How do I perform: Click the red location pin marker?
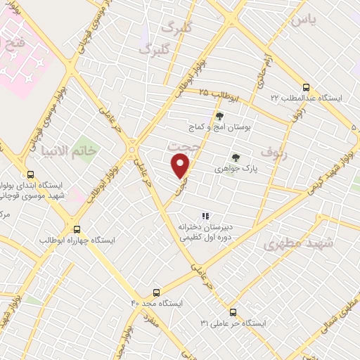[181, 166]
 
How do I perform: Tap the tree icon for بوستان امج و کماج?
[219, 117]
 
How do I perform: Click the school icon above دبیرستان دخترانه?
[205, 216]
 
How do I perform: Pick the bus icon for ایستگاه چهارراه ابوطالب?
[77, 229]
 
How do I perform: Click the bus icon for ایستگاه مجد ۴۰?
[156, 291]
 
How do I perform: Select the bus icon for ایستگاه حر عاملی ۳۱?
[233, 311]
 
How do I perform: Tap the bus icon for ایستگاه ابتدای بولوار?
[30, 174]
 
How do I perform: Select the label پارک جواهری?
[217, 169]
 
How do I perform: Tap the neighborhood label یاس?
[307, 19]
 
